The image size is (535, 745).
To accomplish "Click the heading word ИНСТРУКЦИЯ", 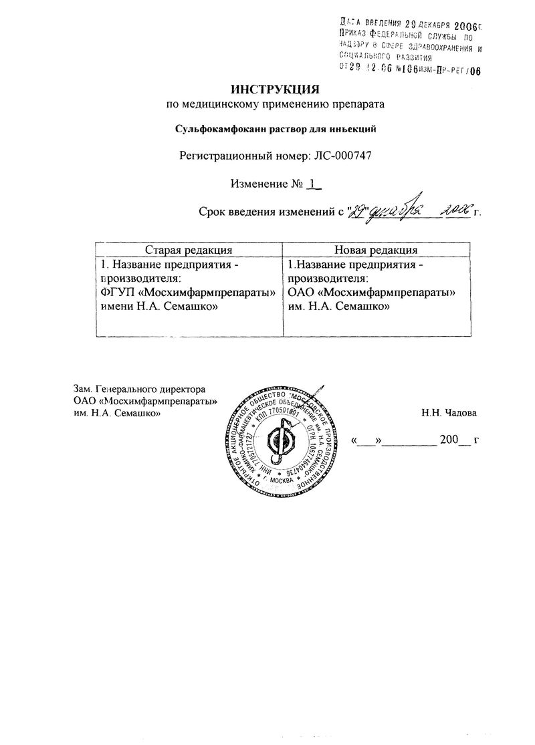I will [276, 88].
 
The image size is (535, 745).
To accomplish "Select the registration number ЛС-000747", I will [341, 156].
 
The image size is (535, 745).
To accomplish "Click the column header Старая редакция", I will [189, 249].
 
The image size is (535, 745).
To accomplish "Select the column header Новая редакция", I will [376, 249].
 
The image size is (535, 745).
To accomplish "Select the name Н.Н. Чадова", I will [449, 413].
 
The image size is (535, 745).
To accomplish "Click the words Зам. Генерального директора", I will [139, 389].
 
